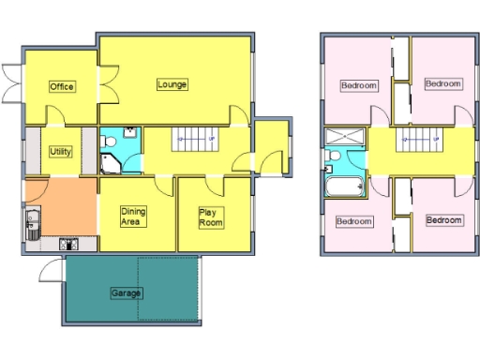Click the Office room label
click(x=62, y=87)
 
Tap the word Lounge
click(x=172, y=84)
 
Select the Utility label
click(x=62, y=150)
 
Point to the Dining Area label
click(x=133, y=217)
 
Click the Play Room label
click(x=210, y=217)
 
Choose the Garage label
click(x=127, y=293)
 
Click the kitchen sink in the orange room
click(x=31, y=224)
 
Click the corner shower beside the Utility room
click(x=112, y=165)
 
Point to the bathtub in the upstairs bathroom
click(x=344, y=187)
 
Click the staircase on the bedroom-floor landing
click(x=418, y=143)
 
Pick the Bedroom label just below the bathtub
click(x=353, y=222)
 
